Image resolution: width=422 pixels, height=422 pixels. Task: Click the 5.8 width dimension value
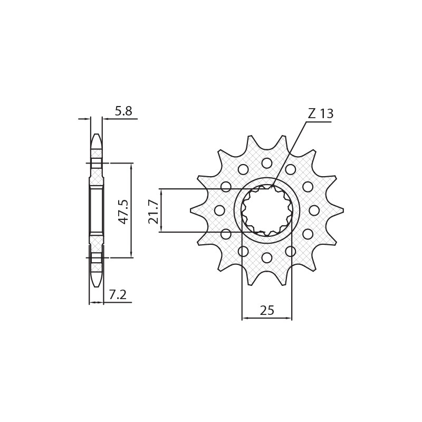pyautogui.click(x=123, y=111)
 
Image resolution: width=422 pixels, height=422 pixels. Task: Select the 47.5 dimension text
pyautogui.click(x=123, y=211)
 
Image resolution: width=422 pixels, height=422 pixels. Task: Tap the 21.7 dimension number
pyautogui.click(x=154, y=211)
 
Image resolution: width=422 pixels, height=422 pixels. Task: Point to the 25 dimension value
pyautogui.click(x=267, y=311)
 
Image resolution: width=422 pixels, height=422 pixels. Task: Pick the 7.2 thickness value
pyautogui.click(x=117, y=295)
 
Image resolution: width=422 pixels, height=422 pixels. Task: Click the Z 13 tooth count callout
pyautogui.click(x=320, y=114)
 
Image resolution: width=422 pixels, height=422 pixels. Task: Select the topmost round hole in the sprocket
pyautogui.click(x=267, y=163)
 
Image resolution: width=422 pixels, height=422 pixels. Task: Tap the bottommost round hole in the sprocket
pyautogui.click(x=267, y=258)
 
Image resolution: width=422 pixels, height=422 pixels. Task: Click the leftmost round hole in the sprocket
pyautogui.click(x=219, y=210)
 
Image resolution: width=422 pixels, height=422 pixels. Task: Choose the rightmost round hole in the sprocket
pyautogui.click(x=314, y=210)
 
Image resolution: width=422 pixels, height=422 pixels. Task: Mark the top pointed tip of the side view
pyautogui.click(x=96, y=135)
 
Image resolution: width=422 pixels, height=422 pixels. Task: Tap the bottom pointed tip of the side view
pyautogui.click(x=96, y=286)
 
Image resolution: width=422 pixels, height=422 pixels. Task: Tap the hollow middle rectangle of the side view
pyautogui.click(x=96, y=210)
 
